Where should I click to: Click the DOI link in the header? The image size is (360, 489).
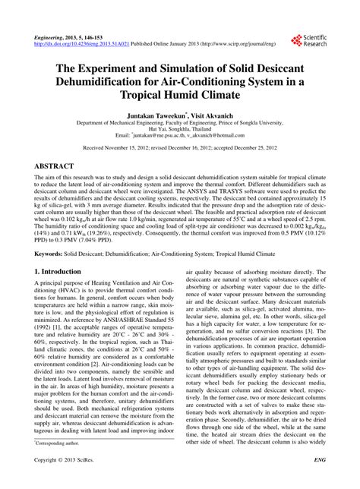84,43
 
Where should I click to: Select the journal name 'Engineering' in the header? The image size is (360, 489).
50,36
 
